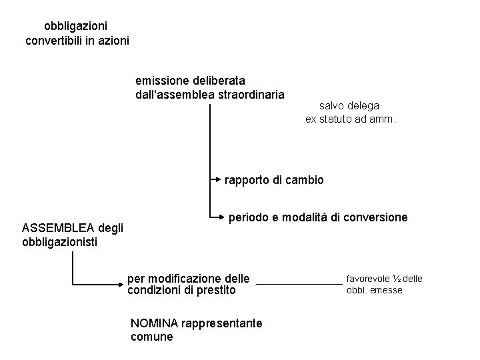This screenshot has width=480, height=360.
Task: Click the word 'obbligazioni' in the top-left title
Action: [x=75, y=27]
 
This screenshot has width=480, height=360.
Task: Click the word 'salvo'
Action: [x=333, y=105]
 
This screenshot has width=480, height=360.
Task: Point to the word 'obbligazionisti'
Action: [x=60, y=242]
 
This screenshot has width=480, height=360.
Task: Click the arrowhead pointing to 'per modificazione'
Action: [x=122, y=284]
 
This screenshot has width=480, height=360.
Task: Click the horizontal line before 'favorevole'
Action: [x=298, y=284]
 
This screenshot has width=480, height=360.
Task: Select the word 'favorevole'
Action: [x=367, y=278]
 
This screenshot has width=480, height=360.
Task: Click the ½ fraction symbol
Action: [x=397, y=278]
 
